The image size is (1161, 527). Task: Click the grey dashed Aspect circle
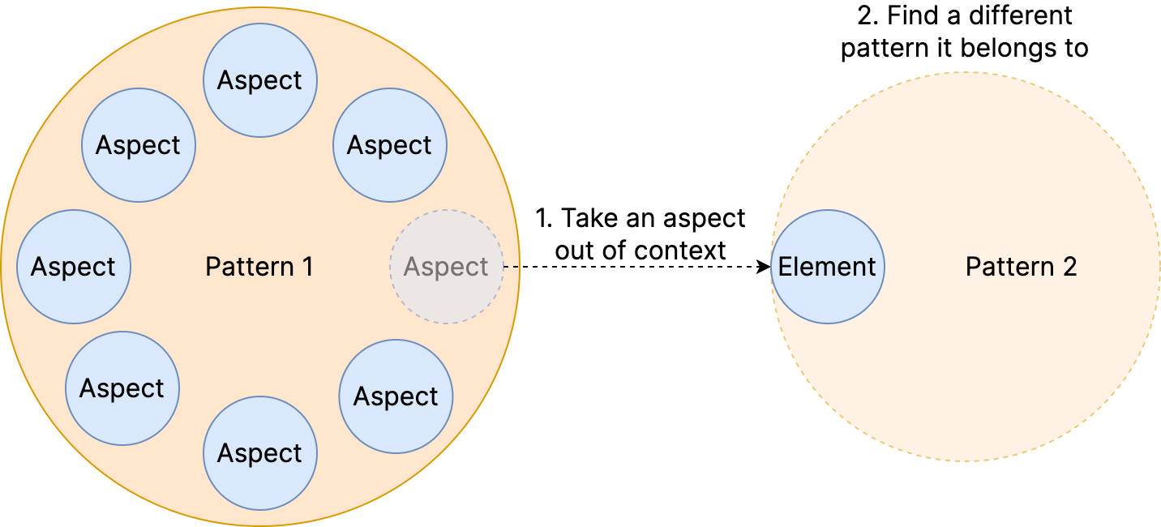(446, 267)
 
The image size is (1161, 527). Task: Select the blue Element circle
(827, 267)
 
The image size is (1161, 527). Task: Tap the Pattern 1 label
(259, 267)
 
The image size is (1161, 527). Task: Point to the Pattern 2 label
(1021, 267)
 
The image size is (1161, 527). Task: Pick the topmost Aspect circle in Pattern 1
(259, 80)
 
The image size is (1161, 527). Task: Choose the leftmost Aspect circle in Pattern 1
(73, 267)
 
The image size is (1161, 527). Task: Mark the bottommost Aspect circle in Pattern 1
(259, 453)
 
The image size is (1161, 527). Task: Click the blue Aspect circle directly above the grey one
(389, 145)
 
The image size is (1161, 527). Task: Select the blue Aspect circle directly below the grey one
(396, 396)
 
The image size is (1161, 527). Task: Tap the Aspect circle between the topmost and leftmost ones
(138, 145)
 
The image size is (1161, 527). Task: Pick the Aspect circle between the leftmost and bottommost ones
(122, 388)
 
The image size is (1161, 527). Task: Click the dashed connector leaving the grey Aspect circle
(512, 267)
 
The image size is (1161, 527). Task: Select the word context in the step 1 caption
(680, 249)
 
